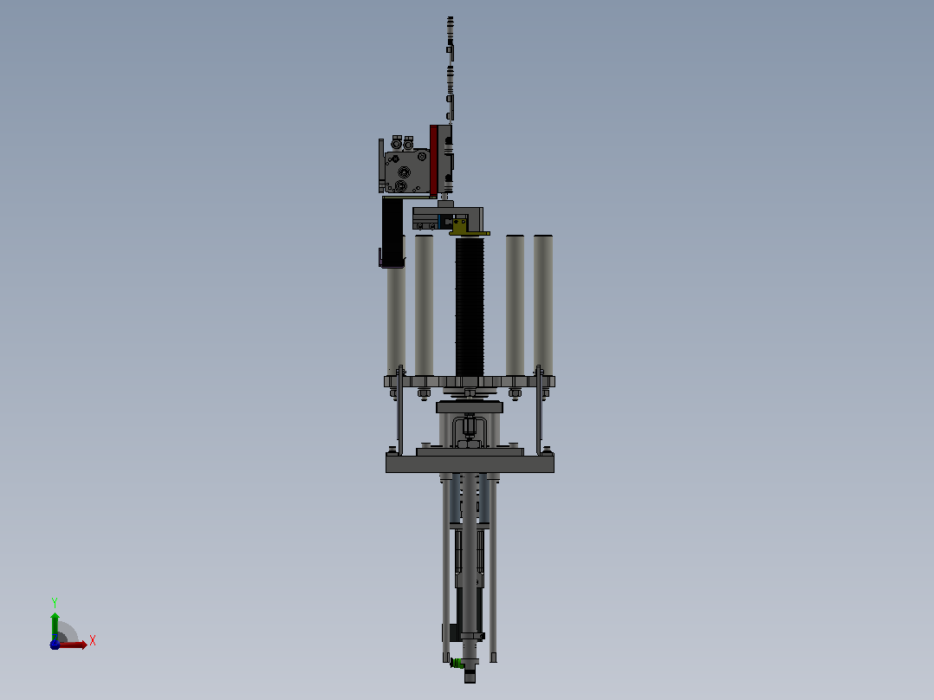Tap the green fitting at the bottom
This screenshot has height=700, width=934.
pyautogui.click(x=457, y=663)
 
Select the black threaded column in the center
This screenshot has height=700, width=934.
pyautogui.click(x=470, y=306)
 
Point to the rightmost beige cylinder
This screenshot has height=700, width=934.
pyautogui.click(x=543, y=305)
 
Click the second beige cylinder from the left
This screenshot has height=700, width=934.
pyautogui.click(x=425, y=305)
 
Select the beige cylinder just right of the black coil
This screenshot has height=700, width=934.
pyautogui.click(x=516, y=305)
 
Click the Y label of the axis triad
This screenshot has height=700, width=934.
pyautogui.click(x=55, y=602)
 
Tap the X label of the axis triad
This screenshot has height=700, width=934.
pyautogui.click(x=93, y=641)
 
